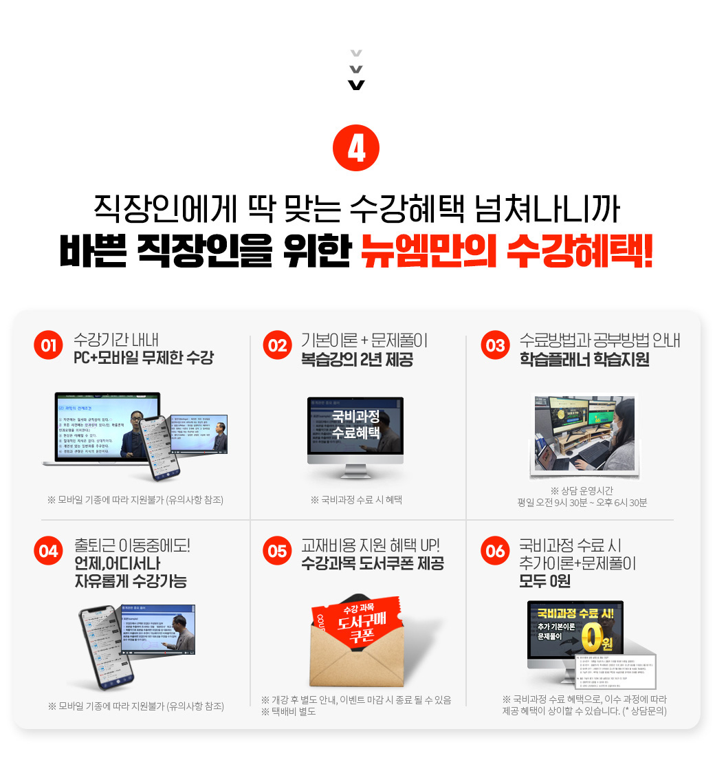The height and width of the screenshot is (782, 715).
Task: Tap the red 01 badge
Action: pos(49,345)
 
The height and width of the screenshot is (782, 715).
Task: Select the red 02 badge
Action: pos(278,345)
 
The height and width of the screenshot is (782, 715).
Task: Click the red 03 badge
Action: pos(496,345)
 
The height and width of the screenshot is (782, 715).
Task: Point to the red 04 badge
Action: pos(49,551)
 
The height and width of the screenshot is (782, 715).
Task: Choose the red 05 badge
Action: pos(278,551)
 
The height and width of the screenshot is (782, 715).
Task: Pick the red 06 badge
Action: pos(496,551)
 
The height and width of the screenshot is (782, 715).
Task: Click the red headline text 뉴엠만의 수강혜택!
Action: pos(506,252)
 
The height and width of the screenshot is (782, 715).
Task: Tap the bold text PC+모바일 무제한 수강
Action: pos(144,358)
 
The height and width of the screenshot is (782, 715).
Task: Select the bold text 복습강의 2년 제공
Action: pos(357,359)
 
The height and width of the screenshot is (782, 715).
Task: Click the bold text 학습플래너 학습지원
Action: pos(584,359)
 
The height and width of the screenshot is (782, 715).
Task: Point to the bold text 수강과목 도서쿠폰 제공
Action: pos(373,564)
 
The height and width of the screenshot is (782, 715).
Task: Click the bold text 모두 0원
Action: pos(545,582)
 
